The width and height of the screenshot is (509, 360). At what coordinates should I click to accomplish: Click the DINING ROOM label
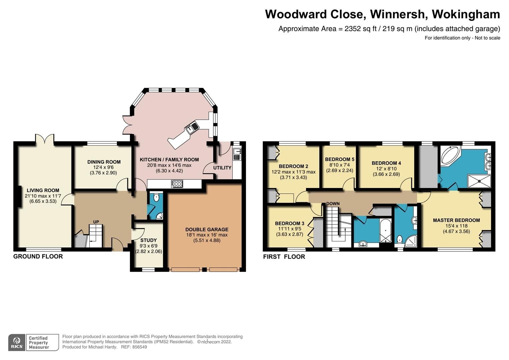point(104,162)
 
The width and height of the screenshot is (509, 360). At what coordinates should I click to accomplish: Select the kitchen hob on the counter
point(177,184)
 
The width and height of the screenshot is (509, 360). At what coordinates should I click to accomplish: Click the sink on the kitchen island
point(192,127)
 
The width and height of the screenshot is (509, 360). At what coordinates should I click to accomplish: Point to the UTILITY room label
point(222,168)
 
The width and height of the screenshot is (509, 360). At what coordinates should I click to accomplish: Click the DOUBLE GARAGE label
point(207,229)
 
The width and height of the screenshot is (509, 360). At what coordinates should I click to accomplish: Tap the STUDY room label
point(148,240)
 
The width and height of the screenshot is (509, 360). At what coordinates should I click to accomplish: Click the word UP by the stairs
point(96,222)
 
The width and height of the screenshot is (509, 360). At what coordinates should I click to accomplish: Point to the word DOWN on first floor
point(333,204)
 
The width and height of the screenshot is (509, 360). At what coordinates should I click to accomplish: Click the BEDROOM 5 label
point(340,159)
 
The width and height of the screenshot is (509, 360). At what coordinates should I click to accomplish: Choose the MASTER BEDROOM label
point(456,220)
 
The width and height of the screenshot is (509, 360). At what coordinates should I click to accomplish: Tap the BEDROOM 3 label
point(290,223)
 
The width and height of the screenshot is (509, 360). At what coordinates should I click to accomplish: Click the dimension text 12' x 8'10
point(386,169)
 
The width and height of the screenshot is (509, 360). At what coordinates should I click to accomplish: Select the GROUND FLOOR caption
point(38,256)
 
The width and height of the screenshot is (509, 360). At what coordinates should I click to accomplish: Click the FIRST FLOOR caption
point(284,257)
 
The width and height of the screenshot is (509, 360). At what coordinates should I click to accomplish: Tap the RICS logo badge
point(17,343)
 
